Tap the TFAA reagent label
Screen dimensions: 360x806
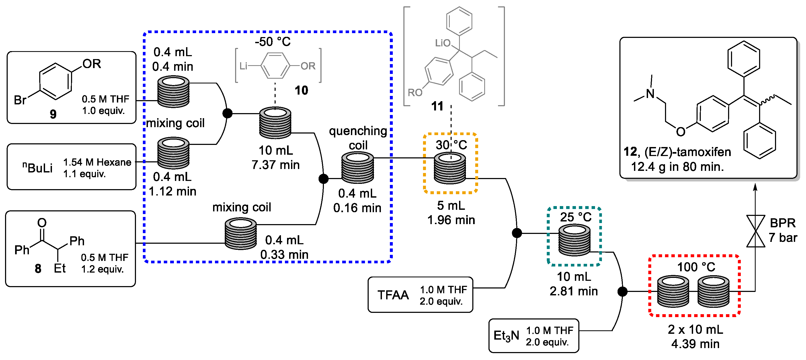tap(393, 295)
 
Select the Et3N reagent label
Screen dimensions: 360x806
tap(506, 336)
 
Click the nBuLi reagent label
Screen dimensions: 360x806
tap(38, 167)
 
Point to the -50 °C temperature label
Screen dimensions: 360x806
tap(272, 42)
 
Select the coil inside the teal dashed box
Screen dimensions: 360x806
tap(574, 240)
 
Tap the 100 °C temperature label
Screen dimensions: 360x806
tap(696, 267)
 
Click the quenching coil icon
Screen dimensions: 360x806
tap(357, 167)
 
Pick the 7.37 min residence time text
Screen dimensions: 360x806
tap(275, 165)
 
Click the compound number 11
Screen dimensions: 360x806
tap(437, 106)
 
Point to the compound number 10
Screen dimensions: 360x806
tap(301, 90)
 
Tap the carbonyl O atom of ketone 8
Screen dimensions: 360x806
tap(42, 223)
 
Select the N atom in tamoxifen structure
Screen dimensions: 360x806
tap(650, 94)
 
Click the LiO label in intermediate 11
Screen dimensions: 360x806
tap(442, 43)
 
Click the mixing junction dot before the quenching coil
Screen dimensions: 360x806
tap(324, 179)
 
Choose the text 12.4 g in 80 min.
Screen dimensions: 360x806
tap(677, 167)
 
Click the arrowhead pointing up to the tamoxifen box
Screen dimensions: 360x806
tap(755, 187)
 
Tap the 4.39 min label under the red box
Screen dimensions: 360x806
tap(695, 344)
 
